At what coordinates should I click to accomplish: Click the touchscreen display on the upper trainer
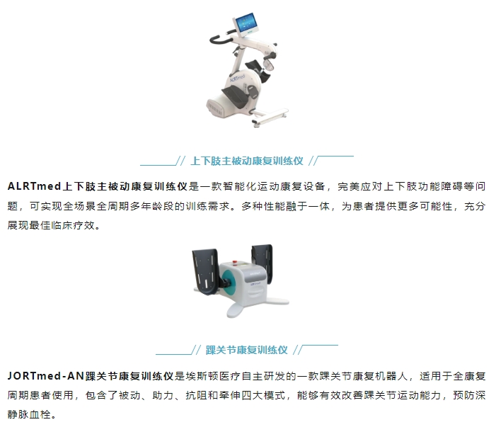click(246, 23)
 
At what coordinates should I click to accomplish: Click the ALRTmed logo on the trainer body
click(237, 78)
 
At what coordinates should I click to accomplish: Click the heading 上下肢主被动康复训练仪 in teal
click(247, 161)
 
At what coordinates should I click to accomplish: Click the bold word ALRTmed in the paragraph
click(34, 186)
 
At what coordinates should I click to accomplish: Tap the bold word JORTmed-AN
click(45, 376)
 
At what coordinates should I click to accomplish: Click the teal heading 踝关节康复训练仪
click(247, 350)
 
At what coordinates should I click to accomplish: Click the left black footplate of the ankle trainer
click(206, 270)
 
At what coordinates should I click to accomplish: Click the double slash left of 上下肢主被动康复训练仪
click(180, 161)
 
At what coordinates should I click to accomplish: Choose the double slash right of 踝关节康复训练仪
click(298, 350)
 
